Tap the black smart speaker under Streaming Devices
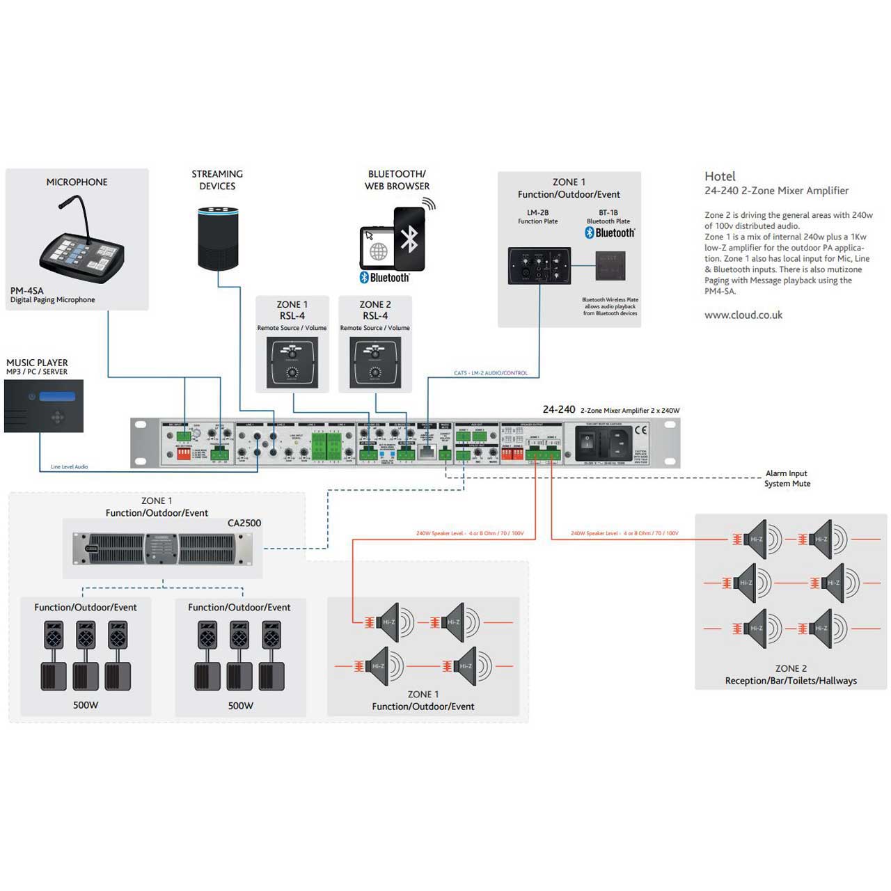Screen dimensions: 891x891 (x=218, y=238)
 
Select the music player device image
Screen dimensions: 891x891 (x=44, y=406)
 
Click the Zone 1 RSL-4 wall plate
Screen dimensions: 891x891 (x=292, y=362)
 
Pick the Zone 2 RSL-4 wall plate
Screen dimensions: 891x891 (x=375, y=362)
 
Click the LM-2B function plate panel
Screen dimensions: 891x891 (x=539, y=265)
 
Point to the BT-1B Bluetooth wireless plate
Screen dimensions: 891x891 (x=610, y=266)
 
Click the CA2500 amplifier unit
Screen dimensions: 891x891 (x=163, y=548)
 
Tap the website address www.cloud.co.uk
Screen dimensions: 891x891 (x=743, y=315)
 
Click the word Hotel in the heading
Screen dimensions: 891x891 (x=720, y=177)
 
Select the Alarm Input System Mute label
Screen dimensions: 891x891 (x=787, y=478)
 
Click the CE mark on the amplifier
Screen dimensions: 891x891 (x=640, y=430)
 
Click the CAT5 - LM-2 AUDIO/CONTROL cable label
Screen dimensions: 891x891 (x=491, y=373)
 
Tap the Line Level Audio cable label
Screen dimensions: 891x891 (x=70, y=467)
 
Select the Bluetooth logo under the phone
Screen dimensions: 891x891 (x=385, y=278)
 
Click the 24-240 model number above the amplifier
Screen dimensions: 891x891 (x=559, y=410)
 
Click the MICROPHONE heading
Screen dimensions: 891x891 (x=77, y=182)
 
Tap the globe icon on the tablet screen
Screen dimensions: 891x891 (x=378, y=251)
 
